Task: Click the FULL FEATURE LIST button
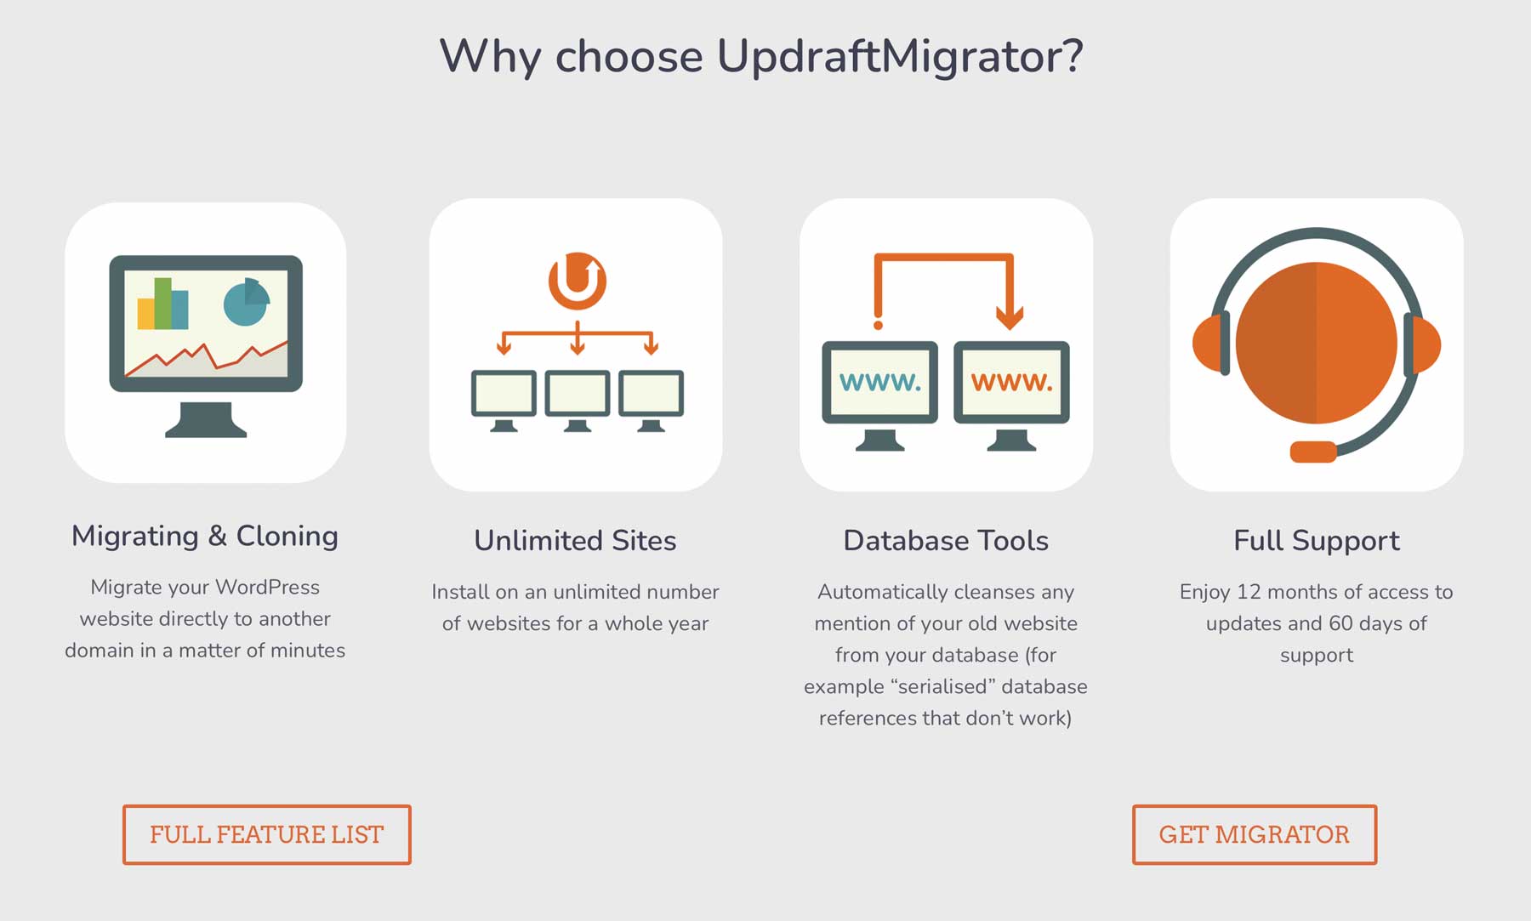tap(266, 834)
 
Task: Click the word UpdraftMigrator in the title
tap(900, 56)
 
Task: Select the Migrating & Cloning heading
tap(205, 536)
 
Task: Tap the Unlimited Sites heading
tap(575, 541)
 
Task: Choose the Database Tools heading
tap(946, 541)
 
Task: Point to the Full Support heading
tap(1316, 541)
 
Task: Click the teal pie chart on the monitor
tap(246, 303)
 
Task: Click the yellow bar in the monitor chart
tap(145, 314)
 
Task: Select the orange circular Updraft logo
tap(578, 281)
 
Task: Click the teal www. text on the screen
tap(879, 382)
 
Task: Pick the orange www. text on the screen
tap(1011, 382)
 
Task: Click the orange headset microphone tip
tap(1312, 452)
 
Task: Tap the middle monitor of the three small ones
tap(578, 394)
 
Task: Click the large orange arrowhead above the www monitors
tap(1010, 318)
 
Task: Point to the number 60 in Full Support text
tap(1340, 623)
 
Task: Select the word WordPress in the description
tap(267, 587)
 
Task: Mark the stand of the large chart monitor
tap(206, 419)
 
